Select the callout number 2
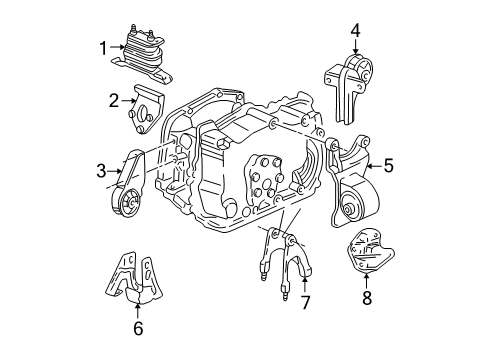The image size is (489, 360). click(114, 98)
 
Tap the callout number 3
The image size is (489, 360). click(101, 171)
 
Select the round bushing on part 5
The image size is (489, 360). click(352, 210)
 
